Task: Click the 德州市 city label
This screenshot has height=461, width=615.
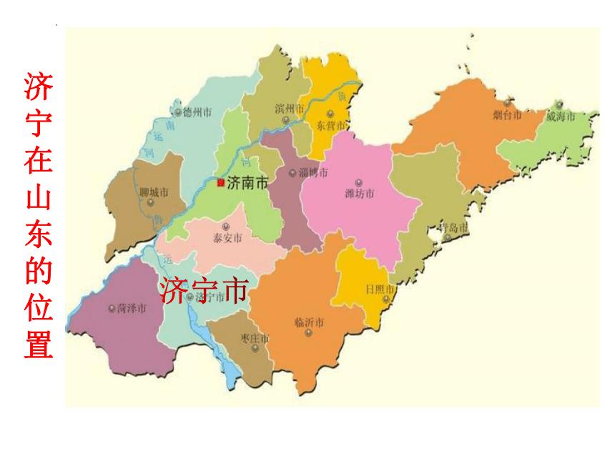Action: [x=197, y=111]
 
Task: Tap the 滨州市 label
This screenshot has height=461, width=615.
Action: [x=290, y=109]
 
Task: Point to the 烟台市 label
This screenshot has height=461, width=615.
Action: [x=508, y=114]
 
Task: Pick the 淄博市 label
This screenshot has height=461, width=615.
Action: [x=314, y=173]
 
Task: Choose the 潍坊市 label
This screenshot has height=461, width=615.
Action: [x=360, y=193]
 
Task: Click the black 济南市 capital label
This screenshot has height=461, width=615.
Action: [x=247, y=183]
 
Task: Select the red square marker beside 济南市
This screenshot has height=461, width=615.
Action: [x=220, y=182]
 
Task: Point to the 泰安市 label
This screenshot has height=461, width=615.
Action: [x=227, y=238]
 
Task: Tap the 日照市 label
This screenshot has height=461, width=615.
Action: [x=379, y=289]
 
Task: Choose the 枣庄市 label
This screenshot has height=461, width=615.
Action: [x=255, y=338]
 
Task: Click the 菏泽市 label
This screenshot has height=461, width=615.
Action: [x=131, y=308]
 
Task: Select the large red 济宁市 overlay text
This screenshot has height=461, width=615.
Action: [x=205, y=290]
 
